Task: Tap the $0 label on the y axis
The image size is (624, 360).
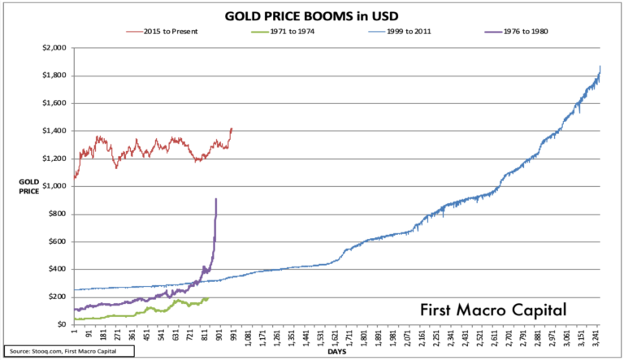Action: coord(61,324)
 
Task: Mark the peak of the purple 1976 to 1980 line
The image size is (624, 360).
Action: coord(216,199)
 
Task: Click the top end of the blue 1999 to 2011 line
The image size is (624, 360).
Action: coord(600,66)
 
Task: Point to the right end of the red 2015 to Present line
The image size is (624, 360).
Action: coord(232,128)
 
